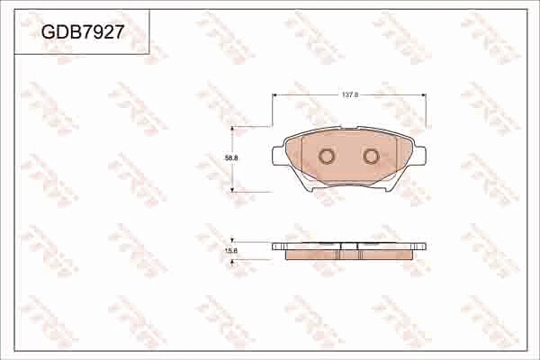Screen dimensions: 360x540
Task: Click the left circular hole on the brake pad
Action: (327, 157)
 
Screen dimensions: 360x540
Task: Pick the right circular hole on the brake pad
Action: (371, 157)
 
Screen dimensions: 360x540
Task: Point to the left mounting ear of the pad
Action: (277, 156)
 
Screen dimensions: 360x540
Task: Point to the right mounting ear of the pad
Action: (421, 156)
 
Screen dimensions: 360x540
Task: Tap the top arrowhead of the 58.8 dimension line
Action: (234, 130)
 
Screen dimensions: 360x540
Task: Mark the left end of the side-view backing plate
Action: (274, 246)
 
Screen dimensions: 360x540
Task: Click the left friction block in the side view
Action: (311, 254)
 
